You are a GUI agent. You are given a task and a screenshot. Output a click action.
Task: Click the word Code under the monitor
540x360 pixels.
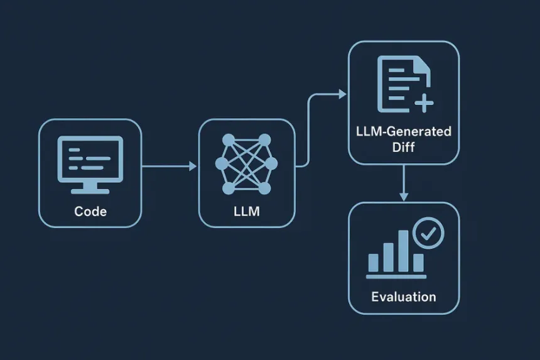(x=90, y=211)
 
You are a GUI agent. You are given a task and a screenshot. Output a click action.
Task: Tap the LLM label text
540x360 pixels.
(x=247, y=211)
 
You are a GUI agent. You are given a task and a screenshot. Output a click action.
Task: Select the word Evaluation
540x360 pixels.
(x=404, y=297)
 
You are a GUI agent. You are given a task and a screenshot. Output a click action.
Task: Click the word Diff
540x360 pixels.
(x=403, y=147)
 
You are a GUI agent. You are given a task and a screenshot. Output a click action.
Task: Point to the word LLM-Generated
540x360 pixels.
(x=404, y=131)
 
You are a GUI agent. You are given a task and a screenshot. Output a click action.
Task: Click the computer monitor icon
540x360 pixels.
(x=90, y=165)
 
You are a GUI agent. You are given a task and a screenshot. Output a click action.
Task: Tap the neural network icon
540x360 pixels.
(x=246, y=164)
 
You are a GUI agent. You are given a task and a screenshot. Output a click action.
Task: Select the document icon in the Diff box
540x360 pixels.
(x=404, y=84)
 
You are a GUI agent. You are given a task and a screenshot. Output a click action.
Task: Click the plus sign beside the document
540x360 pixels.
(x=424, y=103)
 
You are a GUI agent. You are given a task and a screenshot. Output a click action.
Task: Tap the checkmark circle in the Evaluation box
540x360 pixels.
(x=428, y=233)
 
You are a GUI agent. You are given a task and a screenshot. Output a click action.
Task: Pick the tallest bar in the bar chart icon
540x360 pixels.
(x=403, y=251)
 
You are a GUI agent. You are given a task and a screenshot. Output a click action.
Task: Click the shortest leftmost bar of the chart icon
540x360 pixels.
(x=374, y=263)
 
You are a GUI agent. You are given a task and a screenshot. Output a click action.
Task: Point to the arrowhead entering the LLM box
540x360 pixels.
(x=193, y=166)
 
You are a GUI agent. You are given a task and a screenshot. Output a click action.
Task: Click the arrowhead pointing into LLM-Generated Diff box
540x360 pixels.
(x=342, y=94)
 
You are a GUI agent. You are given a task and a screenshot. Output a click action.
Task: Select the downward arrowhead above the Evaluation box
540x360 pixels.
(x=404, y=197)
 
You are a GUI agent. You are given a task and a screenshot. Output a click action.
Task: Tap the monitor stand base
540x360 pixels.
(x=90, y=192)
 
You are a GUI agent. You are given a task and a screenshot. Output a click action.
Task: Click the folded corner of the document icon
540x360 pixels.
(x=424, y=64)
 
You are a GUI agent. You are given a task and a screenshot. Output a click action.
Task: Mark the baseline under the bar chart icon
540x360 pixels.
(x=396, y=276)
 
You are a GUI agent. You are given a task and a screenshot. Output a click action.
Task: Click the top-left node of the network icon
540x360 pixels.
(x=229, y=140)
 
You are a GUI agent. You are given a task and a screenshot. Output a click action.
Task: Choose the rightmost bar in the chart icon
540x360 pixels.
(x=418, y=263)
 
